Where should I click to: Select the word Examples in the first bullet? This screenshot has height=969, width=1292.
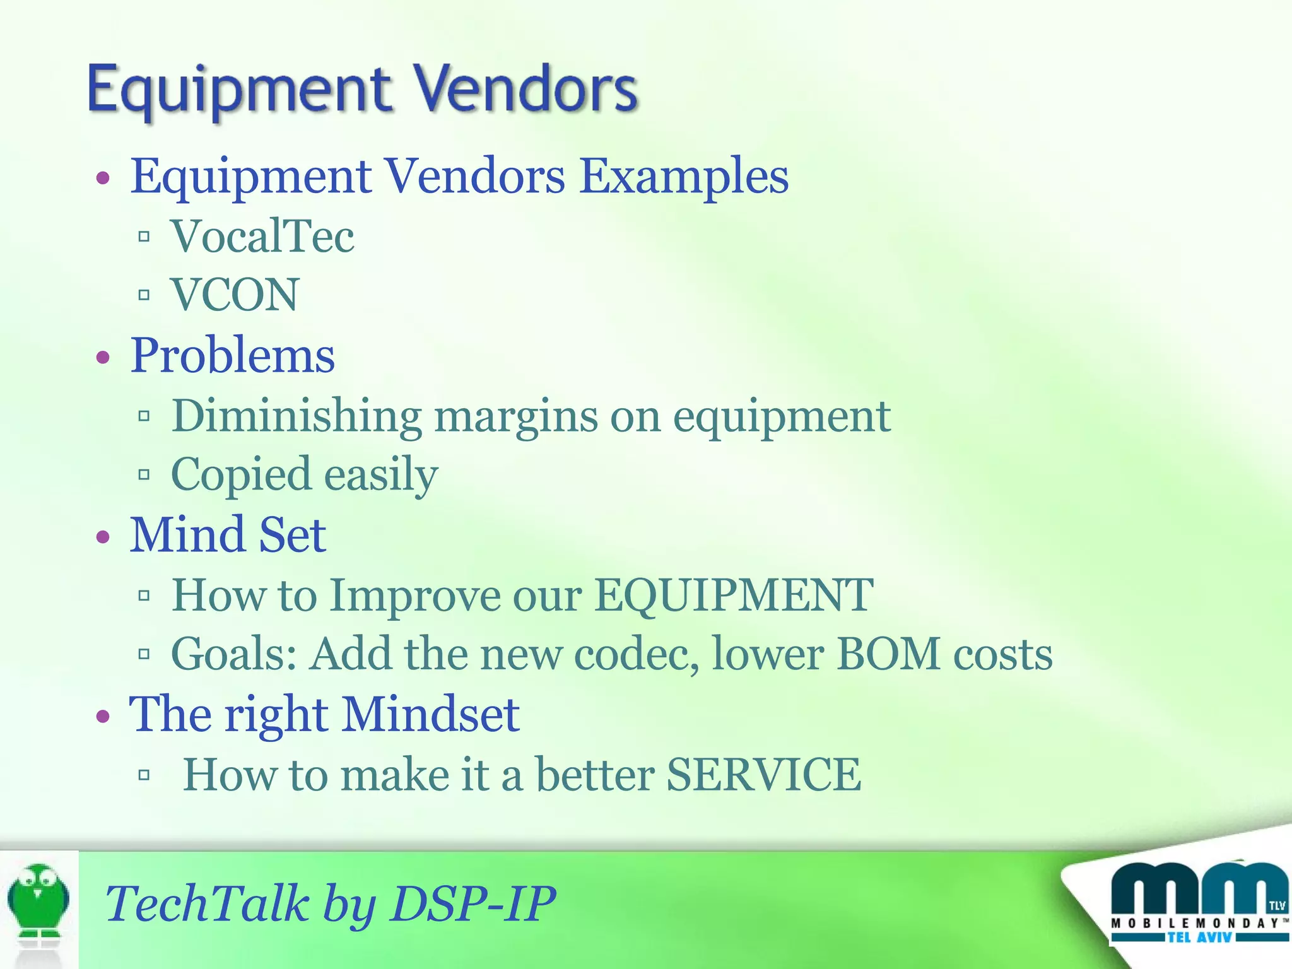[x=684, y=177]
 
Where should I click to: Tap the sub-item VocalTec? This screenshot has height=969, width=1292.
[x=262, y=237]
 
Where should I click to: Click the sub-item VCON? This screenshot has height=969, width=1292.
[x=235, y=295]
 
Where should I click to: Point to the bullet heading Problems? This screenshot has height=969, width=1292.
[x=232, y=356]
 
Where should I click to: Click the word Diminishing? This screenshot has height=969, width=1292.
[x=297, y=416]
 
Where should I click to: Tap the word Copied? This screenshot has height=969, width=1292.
[x=241, y=474]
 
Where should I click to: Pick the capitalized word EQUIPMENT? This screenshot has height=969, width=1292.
[x=734, y=596]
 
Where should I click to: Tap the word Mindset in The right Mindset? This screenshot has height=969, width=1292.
[x=431, y=715]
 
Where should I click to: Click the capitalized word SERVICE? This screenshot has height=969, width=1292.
[x=763, y=775]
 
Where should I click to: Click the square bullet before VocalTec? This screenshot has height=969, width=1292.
[x=144, y=237]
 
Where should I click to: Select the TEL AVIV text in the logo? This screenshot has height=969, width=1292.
[x=1199, y=938]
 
